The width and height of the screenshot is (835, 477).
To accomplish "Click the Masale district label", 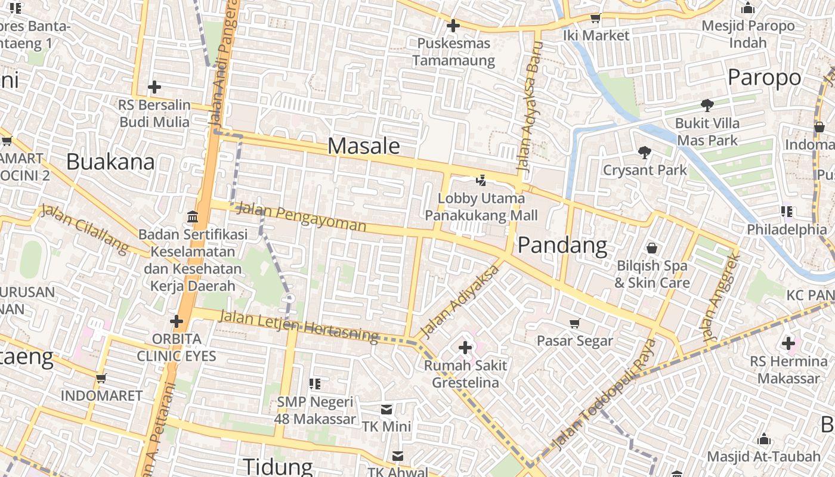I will click(x=363, y=146).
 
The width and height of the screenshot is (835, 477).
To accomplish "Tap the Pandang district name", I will click(x=562, y=245).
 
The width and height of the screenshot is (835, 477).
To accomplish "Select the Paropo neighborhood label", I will click(x=764, y=78).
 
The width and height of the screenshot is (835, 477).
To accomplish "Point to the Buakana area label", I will click(x=110, y=162).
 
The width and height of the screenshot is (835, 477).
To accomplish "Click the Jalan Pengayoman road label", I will click(x=301, y=217).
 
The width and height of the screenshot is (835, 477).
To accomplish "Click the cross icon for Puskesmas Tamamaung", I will click(x=453, y=26).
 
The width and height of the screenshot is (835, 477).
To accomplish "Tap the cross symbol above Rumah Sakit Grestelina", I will click(x=465, y=347).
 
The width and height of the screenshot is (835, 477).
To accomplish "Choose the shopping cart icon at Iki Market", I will click(x=595, y=18).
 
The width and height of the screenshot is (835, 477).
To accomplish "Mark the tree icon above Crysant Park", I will click(x=644, y=153).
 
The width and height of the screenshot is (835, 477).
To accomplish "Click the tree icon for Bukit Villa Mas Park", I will click(x=707, y=106).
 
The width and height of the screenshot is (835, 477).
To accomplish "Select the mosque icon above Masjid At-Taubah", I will click(x=763, y=440).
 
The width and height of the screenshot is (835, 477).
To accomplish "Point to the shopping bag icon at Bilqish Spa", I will click(x=652, y=247).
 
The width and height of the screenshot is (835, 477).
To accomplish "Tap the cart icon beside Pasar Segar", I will click(x=575, y=323).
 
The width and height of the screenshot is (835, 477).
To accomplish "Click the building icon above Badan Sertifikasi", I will click(x=193, y=216).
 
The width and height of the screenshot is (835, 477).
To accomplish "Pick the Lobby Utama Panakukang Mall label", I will click(x=482, y=207).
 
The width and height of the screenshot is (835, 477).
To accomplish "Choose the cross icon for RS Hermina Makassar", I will click(x=788, y=343).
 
